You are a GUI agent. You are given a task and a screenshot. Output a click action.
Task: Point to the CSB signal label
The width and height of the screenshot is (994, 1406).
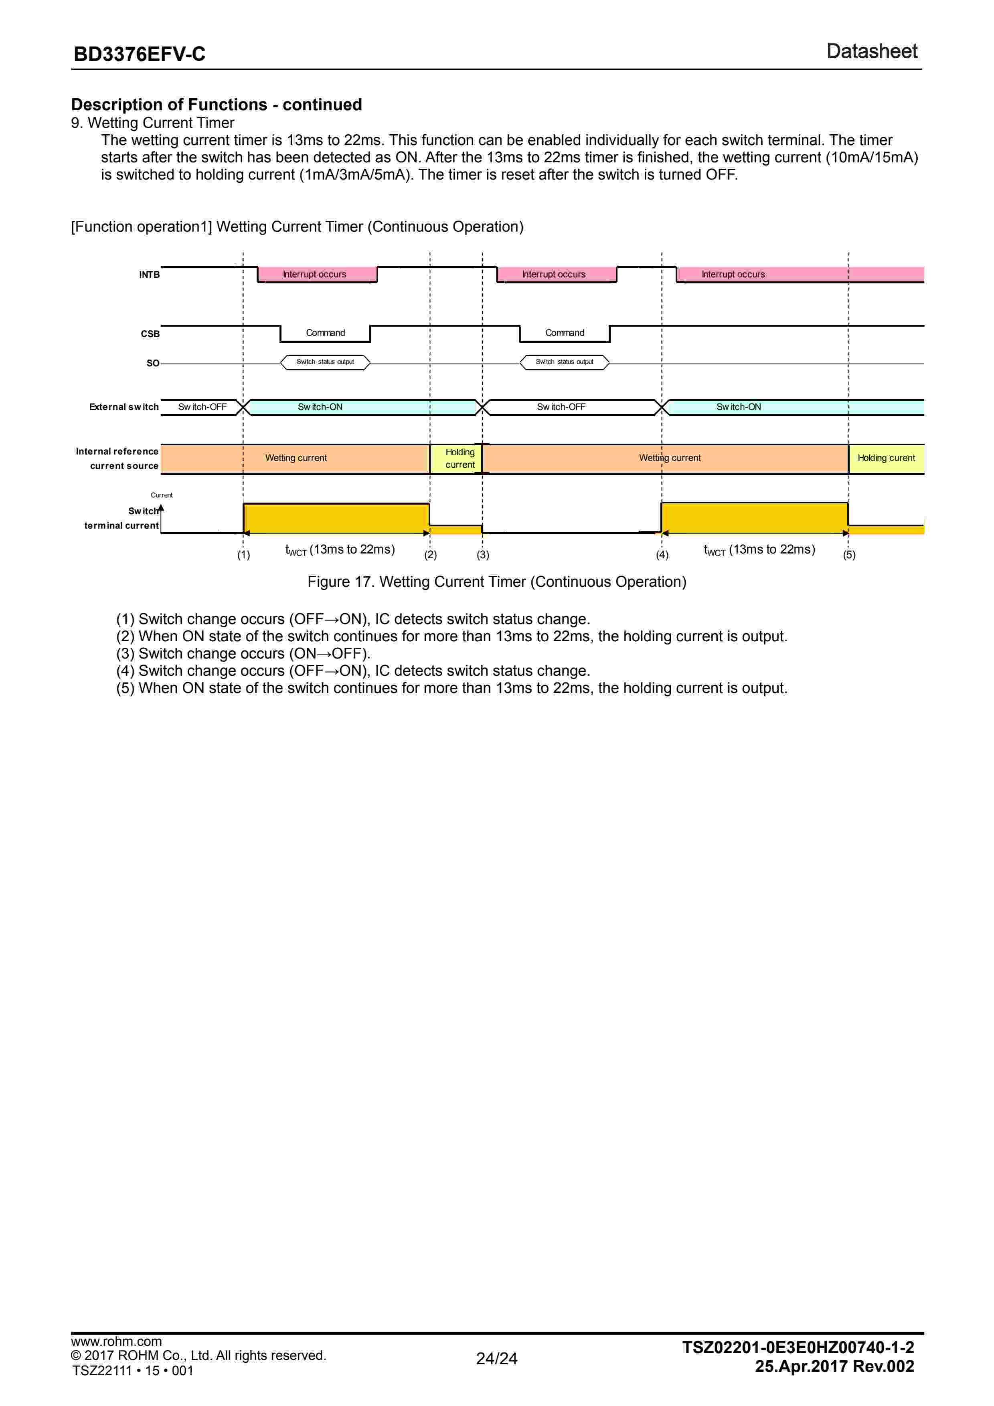pyautogui.click(x=150, y=334)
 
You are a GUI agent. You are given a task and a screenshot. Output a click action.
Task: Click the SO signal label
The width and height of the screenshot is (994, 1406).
pyautogui.click(x=152, y=363)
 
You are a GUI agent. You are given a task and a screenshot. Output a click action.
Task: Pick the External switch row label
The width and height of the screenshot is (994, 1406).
pyautogui.click(x=124, y=407)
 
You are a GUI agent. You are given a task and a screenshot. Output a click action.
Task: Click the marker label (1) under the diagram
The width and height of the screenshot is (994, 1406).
pyautogui.click(x=244, y=555)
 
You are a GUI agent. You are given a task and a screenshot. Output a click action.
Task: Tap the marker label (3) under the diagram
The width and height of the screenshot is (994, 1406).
pyautogui.click(x=483, y=555)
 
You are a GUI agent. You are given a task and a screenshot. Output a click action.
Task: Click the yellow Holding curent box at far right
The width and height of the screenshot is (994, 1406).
pyautogui.click(x=886, y=458)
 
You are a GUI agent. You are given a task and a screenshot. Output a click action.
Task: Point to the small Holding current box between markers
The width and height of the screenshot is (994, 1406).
pyautogui.click(x=460, y=459)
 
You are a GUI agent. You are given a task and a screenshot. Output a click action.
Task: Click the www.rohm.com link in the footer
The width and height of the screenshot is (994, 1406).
pyautogui.click(x=116, y=1342)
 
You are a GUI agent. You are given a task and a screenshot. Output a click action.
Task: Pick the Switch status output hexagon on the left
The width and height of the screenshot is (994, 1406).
pyautogui.click(x=325, y=363)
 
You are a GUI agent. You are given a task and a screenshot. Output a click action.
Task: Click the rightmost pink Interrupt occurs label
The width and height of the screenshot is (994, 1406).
pyautogui.click(x=733, y=274)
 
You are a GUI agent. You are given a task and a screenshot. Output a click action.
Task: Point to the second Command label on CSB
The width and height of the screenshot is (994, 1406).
pyautogui.click(x=564, y=333)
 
